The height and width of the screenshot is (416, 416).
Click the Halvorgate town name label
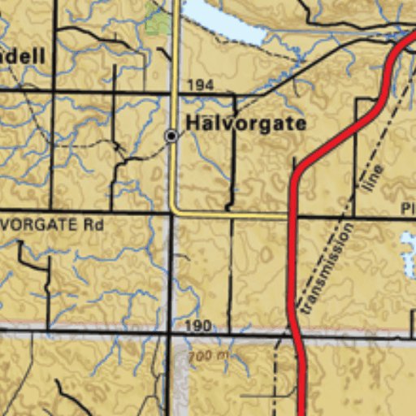(x=245, y=123)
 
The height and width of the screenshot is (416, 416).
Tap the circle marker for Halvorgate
(x=171, y=136)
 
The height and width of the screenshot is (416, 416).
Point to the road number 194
(x=200, y=85)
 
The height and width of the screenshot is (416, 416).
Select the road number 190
(x=197, y=325)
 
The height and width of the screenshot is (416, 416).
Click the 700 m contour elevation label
(x=208, y=356)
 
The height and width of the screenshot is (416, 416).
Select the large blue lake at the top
(x=223, y=20)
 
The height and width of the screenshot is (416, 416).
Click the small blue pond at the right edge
(x=408, y=252)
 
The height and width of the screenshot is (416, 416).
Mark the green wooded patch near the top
(x=158, y=23)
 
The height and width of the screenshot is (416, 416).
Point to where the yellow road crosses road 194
(x=174, y=93)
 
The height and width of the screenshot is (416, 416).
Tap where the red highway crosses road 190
(x=294, y=332)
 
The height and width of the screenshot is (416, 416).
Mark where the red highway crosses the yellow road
(x=292, y=217)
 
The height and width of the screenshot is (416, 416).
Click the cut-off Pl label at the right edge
(x=408, y=209)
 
